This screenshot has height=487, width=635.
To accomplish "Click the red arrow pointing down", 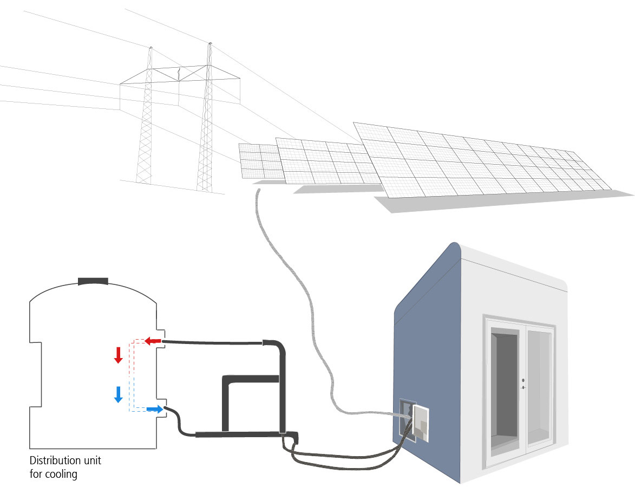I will click(x=119, y=355).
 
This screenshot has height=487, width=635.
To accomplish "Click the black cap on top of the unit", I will click(x=93, y=281).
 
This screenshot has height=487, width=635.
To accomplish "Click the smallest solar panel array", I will click(x=259, y=160).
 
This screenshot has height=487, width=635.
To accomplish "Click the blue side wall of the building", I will click(x=433, y=336).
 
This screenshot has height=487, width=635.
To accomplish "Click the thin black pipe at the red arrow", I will click(x=217, y=342).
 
